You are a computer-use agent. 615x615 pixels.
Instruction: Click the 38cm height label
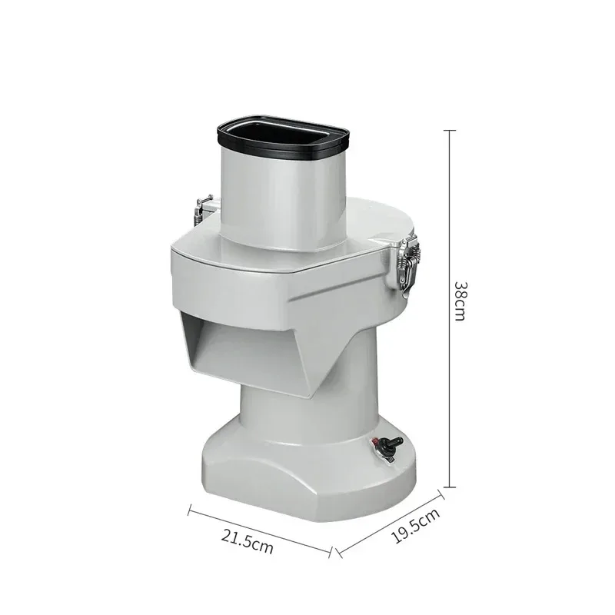coord(460,301)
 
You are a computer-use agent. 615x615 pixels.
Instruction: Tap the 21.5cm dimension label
coord(247,541)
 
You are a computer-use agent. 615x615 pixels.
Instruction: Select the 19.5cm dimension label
coord(416,526)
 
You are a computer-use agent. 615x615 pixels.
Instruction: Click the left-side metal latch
coord(203,209)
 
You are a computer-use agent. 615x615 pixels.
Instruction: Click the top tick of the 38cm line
coord(450,130)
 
